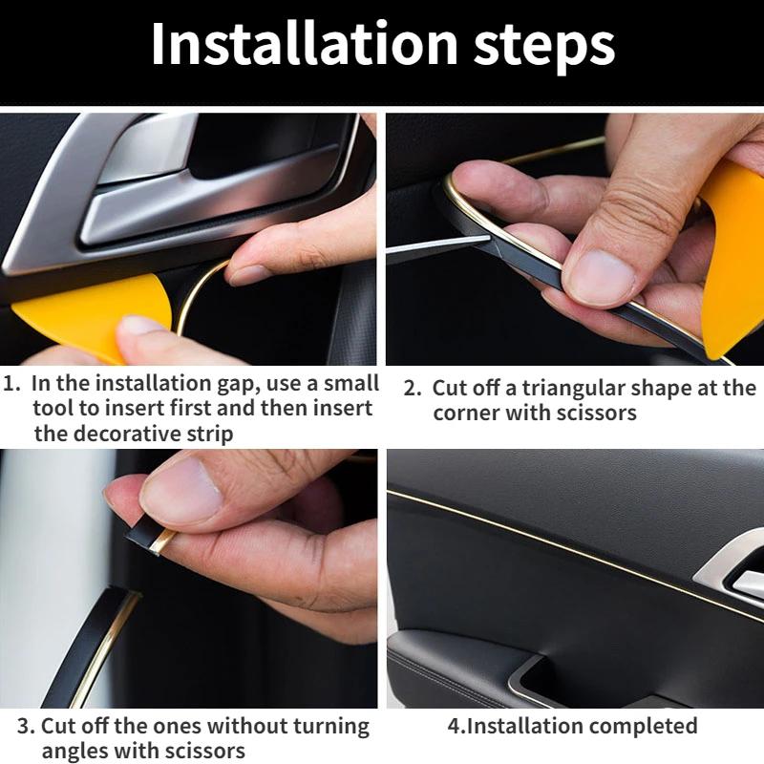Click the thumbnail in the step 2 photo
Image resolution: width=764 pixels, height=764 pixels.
pyautogui.click(x=600, y=274)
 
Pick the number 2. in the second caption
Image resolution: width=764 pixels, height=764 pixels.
pyautogui.click(x=413, y=389)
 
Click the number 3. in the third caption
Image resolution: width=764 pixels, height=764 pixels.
pyautogui.click(x=26, y=726)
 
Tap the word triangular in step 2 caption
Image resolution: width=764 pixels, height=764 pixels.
pyautogui.click(x=578, y=389)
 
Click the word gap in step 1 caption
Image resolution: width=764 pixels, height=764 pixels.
pyautogui.click(x=222, y=384)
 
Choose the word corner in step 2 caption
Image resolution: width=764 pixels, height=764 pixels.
pyautogui.click(x=466, y=414)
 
